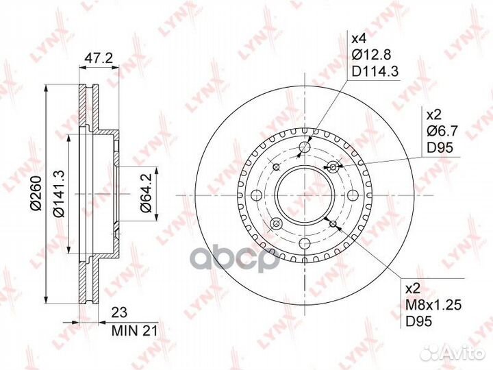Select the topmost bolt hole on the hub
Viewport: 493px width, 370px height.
(x=305, y=148)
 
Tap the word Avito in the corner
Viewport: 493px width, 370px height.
(x=465, y=352)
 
